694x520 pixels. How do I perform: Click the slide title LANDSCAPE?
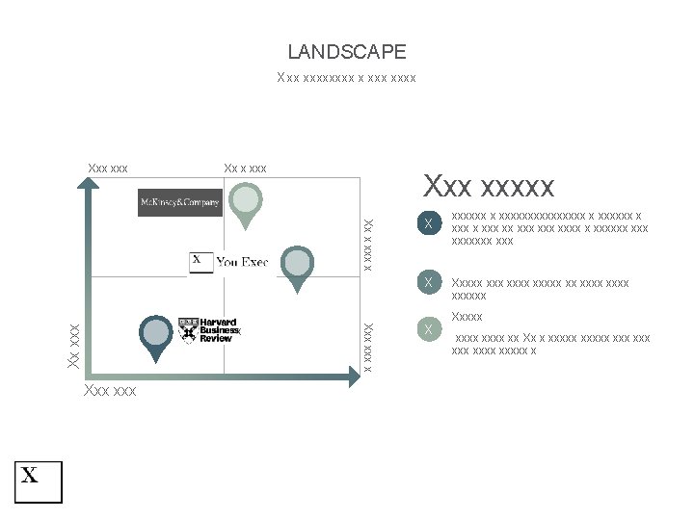click(x=347, y=52)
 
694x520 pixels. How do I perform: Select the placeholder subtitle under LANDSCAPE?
click(x=346, y=77)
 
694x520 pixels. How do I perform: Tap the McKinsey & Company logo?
click(x=180, y=202)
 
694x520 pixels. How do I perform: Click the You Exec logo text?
click(x=242, y=262)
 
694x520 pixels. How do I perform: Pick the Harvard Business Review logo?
click(x=208, y=329)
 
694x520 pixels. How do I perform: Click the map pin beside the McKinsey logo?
click(x=248, y=203)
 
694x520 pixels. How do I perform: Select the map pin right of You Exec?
click(x=298, y=266)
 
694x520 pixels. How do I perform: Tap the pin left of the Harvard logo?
click(x=154, y=336)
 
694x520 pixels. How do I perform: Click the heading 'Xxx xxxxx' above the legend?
click(x=489, y=185)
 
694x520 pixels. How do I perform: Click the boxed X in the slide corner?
click(x=38, y=481)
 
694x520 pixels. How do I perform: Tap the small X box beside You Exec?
click(x=200, y=262)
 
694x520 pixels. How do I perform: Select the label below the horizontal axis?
click(x=110, y=391)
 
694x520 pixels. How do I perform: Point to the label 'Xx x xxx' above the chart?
click(x=245, y=169)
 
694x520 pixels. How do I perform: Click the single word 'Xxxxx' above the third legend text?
click(x=467, y=317)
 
